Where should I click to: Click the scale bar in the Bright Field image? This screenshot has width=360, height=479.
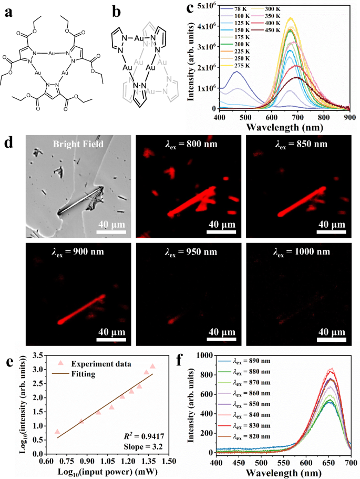point(111,230)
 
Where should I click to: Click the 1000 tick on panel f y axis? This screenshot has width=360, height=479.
point(205,356)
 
